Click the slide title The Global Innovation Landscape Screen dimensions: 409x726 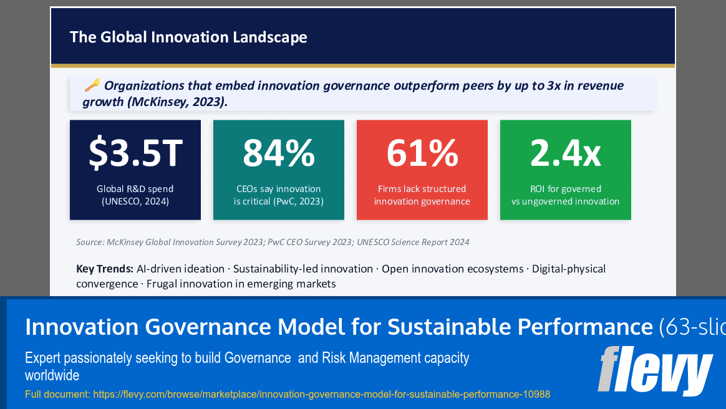[188, 37]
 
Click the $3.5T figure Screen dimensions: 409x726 [135, 153]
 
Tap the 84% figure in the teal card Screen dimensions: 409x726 [279, 153]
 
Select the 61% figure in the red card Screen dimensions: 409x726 [422, 153]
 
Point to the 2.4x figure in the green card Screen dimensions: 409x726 [566, 153]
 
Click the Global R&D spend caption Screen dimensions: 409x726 [135, 189]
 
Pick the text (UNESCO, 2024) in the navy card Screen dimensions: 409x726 [135, 201]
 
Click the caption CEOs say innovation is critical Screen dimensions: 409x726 [279, 195]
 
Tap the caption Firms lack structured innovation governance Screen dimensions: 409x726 [422, 195]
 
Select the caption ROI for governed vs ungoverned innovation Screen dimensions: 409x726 [566, 195]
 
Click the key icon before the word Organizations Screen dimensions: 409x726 [92, 85]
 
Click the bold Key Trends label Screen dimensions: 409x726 [104, 269]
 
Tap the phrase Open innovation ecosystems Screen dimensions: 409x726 [453, 269]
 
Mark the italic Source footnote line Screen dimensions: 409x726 [273, 242]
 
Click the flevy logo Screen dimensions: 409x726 [655, 370]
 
